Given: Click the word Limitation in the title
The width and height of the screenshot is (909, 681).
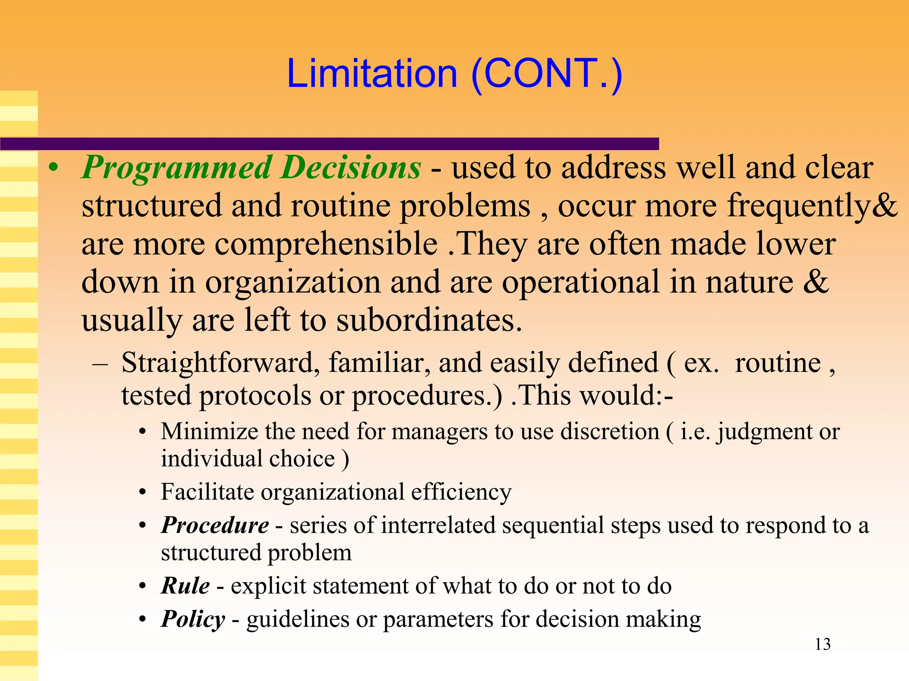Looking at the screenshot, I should [372, 74].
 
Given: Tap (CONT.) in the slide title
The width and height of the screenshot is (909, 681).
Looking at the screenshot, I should [547, 74].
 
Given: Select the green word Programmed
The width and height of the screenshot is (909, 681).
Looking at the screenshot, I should [177, 168].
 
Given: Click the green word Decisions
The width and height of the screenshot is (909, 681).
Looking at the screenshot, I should [351, 168].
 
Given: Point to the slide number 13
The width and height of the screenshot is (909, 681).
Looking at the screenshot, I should [822, 644].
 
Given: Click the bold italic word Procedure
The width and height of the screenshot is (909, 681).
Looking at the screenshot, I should [215, 525].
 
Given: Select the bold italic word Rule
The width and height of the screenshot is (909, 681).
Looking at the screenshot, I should [186, 586].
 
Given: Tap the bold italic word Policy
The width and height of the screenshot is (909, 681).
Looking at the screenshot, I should [193, 619].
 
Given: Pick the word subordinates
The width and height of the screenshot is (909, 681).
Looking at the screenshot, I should [429, 320].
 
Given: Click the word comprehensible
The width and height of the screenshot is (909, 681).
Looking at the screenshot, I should [326, 244].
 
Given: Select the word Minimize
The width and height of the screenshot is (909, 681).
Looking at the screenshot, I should [209, 431].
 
